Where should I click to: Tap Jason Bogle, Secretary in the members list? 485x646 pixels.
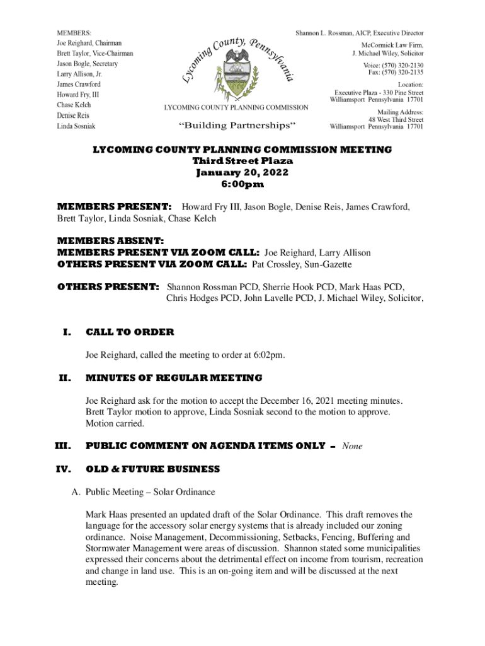[x=88, y=64]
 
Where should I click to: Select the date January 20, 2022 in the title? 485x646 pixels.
[x=242, y=172]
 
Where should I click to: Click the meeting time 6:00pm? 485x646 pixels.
[x=242, y=184]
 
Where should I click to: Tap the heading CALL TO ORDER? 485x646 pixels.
[x=130, y=332]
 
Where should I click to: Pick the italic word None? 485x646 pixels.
[x=352, y=446]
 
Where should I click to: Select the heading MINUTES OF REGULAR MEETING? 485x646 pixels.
[x=174, y=377]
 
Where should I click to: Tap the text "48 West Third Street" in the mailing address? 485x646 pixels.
[x=396, y=119]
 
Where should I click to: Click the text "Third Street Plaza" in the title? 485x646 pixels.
[x=242, y=161]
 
